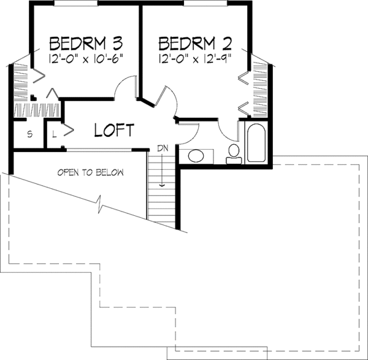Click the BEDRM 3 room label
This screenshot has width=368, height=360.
86,44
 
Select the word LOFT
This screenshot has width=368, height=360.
114,130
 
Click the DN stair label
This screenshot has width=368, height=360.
163,148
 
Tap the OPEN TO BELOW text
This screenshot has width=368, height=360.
91,172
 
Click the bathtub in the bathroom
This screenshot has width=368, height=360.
255,143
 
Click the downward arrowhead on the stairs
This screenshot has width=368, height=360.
163,183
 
